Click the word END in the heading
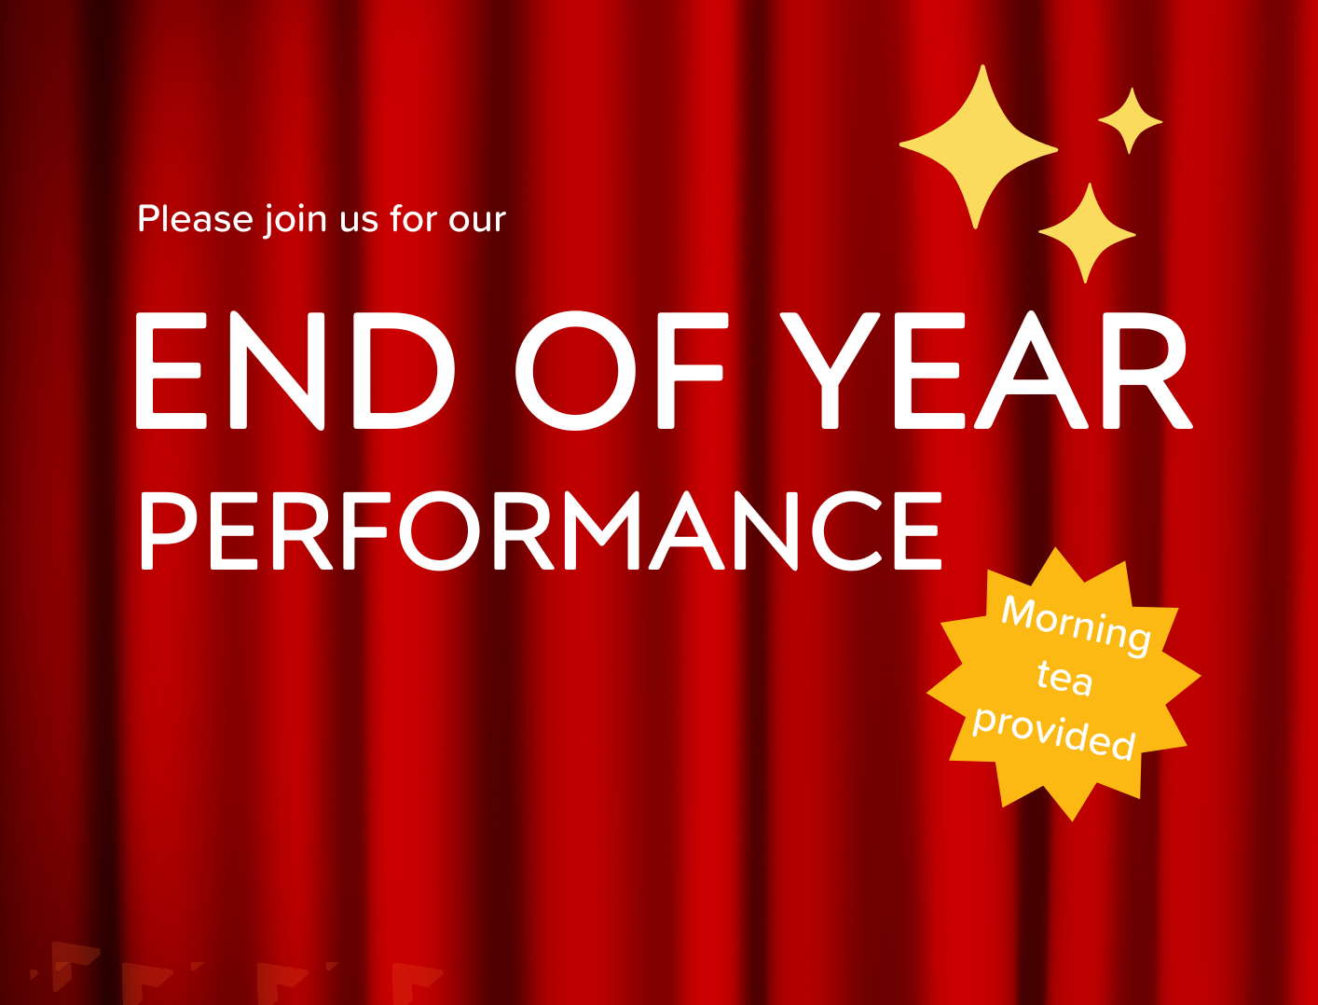(x=295, y=370)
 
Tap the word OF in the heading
(x=622, y=370)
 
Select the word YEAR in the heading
(x=986, y=370)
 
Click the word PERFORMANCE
(x=541, y=530)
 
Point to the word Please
(x=196, y=218)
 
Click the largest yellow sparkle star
(x=979, y=146)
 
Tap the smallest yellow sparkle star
(x=1130, y=120)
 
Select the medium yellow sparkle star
(x=1088, y=234)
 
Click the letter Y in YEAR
(x=830, y=370)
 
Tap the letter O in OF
(x=575, y=370)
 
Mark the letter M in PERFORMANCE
(x=602, y=530)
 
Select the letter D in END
(x=404, y=370)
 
